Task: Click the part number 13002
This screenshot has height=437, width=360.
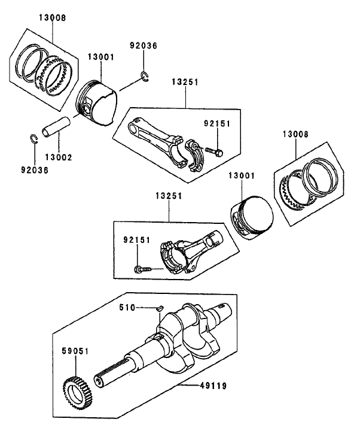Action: (59, 157)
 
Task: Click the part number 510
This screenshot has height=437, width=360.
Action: (126, 308)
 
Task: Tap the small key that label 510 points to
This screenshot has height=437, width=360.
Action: (159, 309)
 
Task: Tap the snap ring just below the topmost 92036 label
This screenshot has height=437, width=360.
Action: (145, 75)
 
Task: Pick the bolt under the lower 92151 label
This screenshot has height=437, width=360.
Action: (141, 268)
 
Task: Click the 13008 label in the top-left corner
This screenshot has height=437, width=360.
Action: (53, 18)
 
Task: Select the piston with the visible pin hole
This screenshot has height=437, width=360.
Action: (97, 103)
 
